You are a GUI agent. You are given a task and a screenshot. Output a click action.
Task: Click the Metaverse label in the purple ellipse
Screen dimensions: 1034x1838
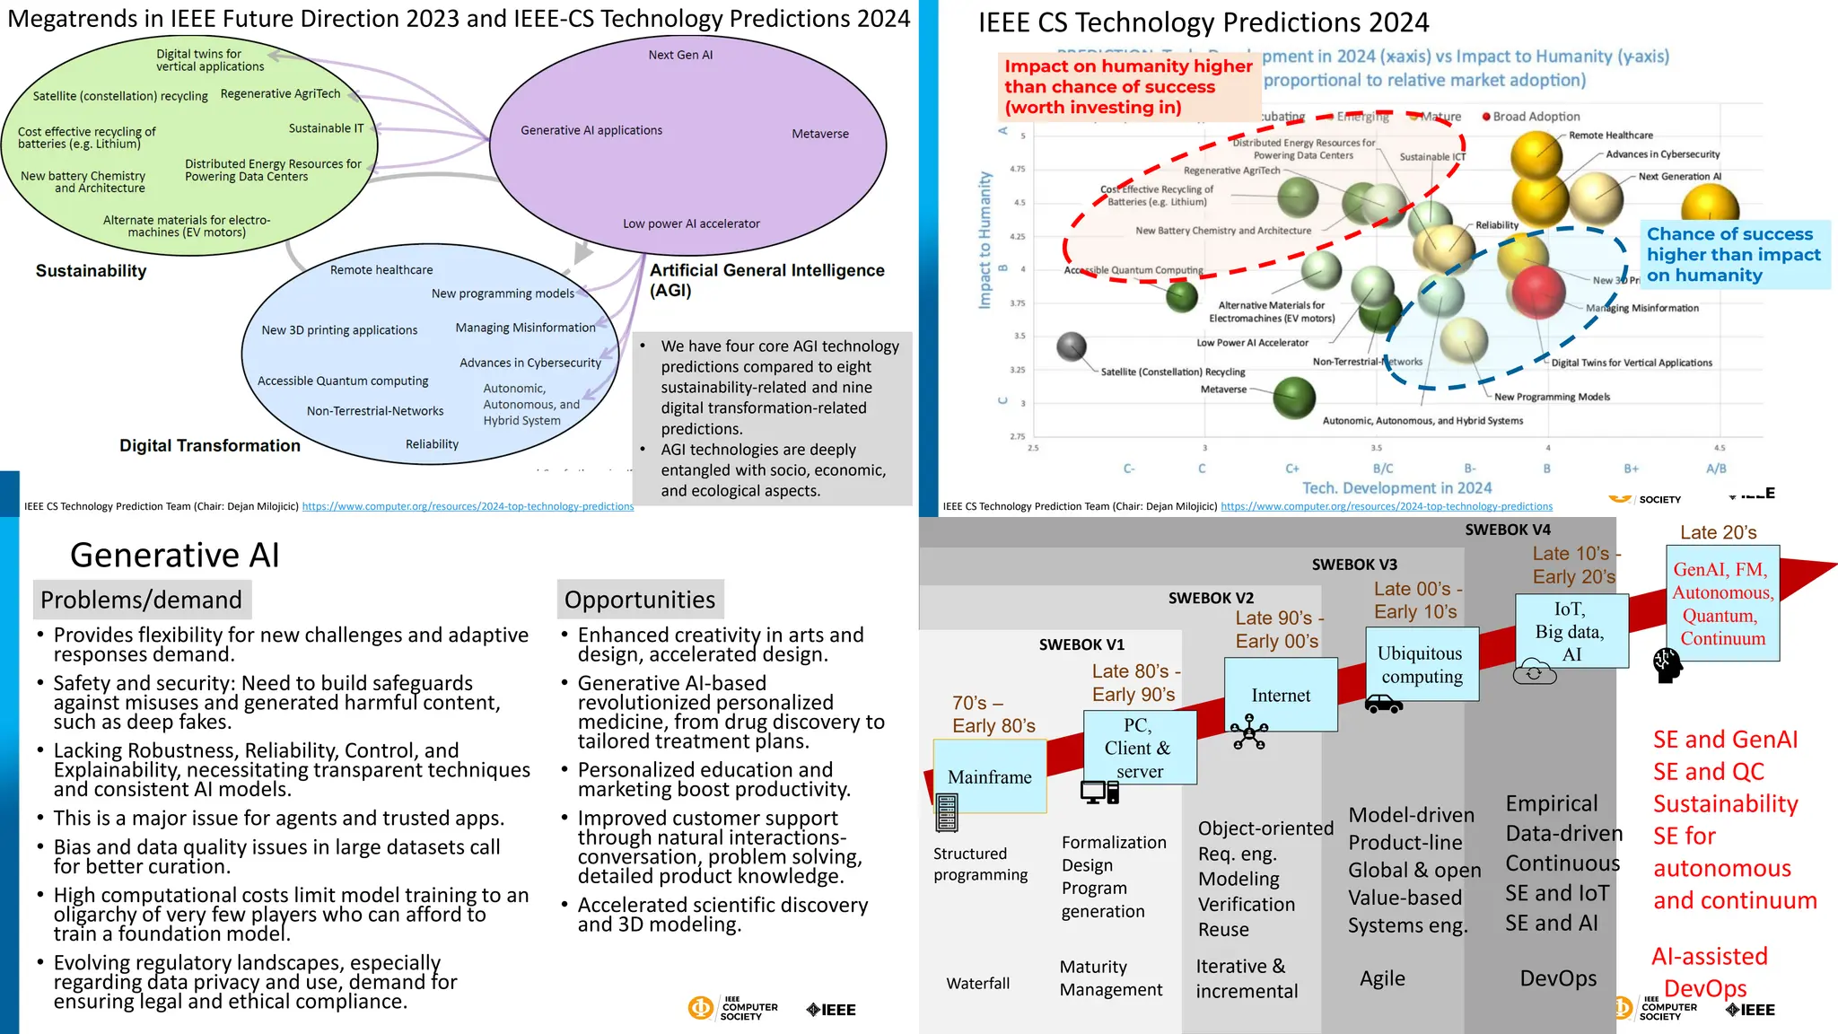click(x=819, y=134)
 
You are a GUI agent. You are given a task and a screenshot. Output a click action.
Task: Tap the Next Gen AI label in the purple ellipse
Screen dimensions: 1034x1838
click(x=680, y=55)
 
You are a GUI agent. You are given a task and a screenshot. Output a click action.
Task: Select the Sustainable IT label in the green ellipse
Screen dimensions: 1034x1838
click(x=326, y=128)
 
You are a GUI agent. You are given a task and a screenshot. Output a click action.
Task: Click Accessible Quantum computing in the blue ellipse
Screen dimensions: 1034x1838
click(x=343, y=381)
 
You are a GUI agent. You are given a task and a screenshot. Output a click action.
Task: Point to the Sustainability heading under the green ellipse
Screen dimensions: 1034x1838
click(x=91, y=271)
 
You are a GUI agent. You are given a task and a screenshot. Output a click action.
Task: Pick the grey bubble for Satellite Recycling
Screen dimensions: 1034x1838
click(x=1072, y=346)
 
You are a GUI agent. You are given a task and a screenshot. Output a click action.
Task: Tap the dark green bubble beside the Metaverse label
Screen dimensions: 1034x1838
click(x=1293, y=398)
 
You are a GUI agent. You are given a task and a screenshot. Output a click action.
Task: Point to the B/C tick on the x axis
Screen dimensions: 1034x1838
click(x=1383, y=469)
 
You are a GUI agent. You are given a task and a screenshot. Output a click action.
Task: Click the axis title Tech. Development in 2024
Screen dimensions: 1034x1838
click(x=1396, y=488)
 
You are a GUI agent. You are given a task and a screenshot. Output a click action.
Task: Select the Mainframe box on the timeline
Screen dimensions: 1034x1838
click(x=990, y=776)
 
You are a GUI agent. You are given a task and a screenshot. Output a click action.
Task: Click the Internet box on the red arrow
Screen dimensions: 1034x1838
click(x=1281, y=695)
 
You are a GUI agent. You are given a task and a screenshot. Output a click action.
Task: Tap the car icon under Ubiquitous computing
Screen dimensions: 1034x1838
click(x=1383, y=705)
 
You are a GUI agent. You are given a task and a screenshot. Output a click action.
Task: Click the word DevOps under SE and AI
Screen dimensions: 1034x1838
click(x=1558, y=978)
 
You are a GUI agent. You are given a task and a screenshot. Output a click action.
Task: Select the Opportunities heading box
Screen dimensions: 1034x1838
click(x=640, y=600)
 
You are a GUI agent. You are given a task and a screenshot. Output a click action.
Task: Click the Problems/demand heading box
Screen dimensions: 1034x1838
click(x=142, y=600)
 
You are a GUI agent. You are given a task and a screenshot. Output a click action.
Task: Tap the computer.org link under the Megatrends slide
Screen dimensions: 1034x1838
click(x=468, y=506)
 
